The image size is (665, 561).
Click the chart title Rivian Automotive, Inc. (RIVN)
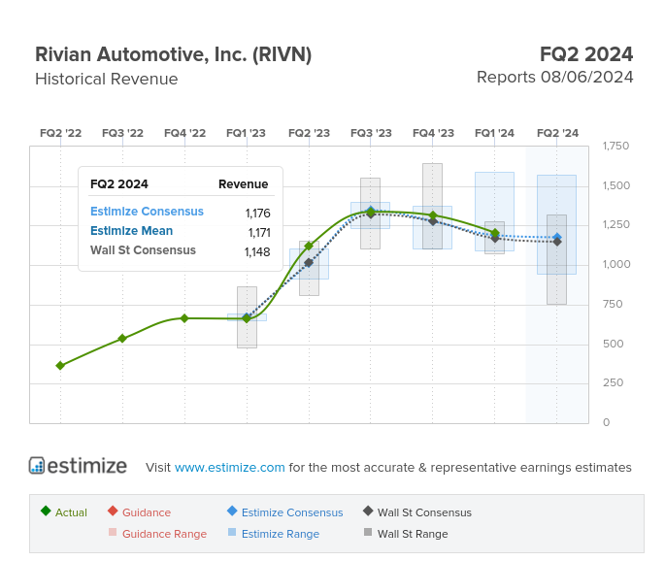(173, 54)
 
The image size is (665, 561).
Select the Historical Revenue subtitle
(106, 80)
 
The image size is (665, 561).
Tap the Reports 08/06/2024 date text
(554, 78)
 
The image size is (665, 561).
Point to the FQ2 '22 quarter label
(60, 133)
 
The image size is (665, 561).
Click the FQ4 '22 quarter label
(184, 133)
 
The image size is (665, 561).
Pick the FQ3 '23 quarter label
(371, 133)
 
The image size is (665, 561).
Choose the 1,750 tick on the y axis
(615, 147)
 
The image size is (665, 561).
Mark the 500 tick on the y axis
(613, 344)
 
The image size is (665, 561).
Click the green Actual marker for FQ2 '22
(60, 366)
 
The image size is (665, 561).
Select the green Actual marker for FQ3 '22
(122, 339)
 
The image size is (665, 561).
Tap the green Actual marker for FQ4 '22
(184, 318)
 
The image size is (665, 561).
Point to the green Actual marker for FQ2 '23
(309, 246)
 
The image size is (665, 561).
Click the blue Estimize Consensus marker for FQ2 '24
(557, 238)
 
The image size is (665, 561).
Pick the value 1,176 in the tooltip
(257, 213)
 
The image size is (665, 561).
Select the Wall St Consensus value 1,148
(257, 251)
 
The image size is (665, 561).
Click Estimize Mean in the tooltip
(131, 231)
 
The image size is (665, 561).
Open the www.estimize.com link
(230, 468)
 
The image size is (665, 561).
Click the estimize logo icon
(37, 466)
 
